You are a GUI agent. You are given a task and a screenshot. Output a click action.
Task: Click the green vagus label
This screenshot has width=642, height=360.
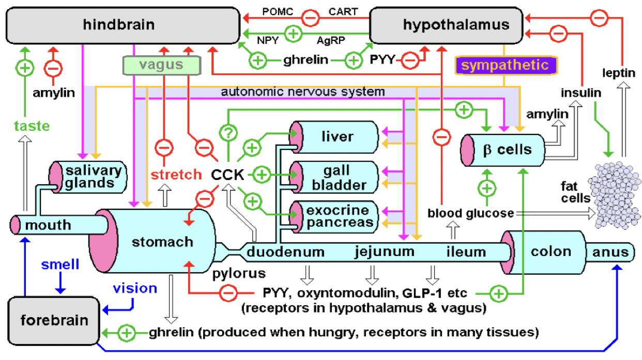161,65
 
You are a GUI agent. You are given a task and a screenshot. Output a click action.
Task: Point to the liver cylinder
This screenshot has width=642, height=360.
336,137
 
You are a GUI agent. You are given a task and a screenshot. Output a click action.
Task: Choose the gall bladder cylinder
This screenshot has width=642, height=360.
336,177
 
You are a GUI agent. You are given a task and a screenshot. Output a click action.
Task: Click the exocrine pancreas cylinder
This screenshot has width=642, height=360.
336,217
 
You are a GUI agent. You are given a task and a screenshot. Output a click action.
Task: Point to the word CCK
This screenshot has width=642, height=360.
227,175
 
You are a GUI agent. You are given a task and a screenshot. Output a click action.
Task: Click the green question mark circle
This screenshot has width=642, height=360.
228,132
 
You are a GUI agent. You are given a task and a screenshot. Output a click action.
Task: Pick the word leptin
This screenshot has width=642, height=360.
619,73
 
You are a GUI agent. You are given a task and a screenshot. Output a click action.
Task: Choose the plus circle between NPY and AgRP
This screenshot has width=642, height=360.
294,35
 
